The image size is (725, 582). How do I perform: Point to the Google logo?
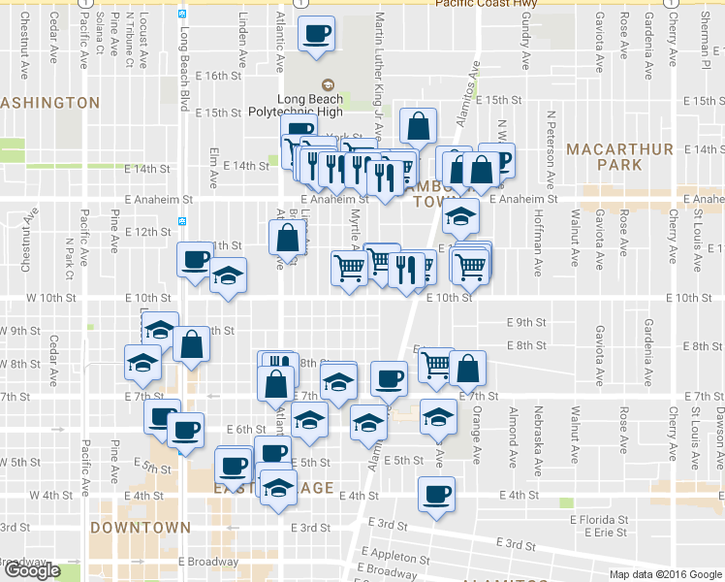pyautogui.click(x=31, y=570)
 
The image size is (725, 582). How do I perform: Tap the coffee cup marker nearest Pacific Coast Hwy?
pyautogui.click(x=317, y=36)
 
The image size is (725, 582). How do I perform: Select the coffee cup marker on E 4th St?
pyautogui.click(x=436, y=494)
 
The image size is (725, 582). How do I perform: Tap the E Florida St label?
pyautogui.click(x=601, y=521)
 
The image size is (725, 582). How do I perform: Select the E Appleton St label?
pyautogui.click(x=395, y=557)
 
